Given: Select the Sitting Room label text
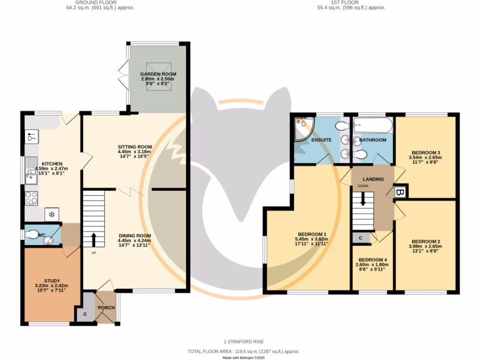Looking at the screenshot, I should coord(135,147).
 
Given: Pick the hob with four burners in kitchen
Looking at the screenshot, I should coord(31,198).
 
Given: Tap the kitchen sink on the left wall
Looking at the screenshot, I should coord(31,171).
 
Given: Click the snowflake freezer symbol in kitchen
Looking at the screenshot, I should coord(51,215).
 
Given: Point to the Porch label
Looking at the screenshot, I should coord(105,308).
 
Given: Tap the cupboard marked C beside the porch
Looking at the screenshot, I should coord(85,314).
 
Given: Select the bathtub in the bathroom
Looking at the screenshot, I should coord(373,125).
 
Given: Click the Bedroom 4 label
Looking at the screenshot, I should coord(373,260).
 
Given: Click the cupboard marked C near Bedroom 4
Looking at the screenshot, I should coord(360,238).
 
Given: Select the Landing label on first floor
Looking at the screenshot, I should coord(373,179).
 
